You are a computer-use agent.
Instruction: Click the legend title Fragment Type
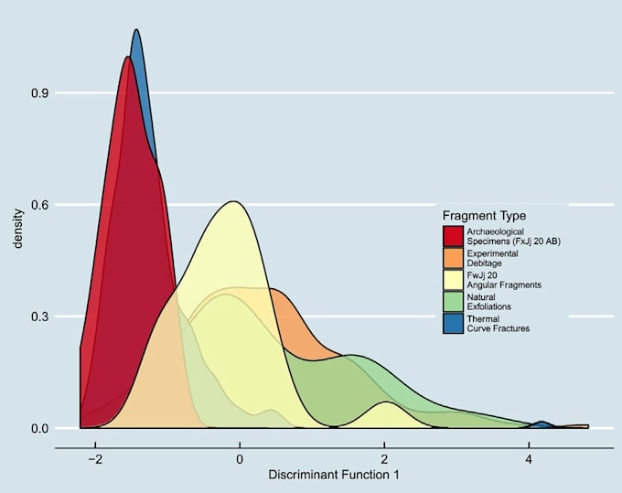tap(484, 215)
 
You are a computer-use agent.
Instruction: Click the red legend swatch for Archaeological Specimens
tap(453, 235)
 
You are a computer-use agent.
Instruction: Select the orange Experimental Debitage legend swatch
tap(453, 257)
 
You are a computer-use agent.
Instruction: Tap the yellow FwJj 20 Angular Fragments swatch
tap(453, 279)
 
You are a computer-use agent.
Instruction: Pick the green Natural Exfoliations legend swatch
tap(453, 301)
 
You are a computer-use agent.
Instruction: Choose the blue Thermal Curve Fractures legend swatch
tap(453, 323)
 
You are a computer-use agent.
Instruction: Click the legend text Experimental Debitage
tap(492, 257)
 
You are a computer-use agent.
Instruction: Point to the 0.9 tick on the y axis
tap(39, 93)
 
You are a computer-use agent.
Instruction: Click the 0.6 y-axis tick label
tap(39, 205)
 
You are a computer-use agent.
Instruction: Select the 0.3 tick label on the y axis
tap(39, 316)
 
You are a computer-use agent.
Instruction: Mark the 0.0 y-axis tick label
tap(39, 428)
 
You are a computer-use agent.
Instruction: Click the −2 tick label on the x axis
tap(92, 459)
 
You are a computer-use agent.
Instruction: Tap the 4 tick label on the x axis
tap(529, 459)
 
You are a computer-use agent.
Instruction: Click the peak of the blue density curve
tap(136, 31)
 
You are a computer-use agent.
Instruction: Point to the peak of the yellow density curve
tap(234, 202)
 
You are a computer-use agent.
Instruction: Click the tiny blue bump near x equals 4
tap(542, 423)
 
